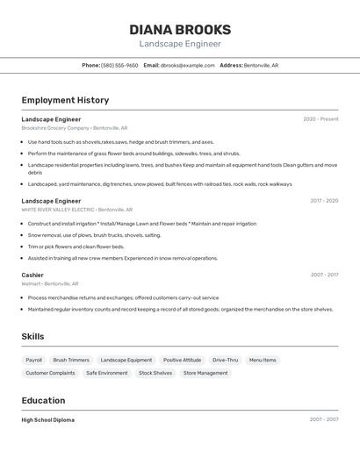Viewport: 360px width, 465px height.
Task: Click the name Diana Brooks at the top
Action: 180,29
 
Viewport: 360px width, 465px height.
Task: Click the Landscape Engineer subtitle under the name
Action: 180,44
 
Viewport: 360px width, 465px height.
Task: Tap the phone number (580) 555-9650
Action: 119,65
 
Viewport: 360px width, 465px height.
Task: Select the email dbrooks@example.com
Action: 188,65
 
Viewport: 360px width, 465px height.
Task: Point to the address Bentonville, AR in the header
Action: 261,65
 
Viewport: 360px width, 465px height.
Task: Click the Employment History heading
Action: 65,100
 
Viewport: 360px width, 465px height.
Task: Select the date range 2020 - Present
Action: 320,119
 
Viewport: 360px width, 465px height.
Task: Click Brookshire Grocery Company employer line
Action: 75,128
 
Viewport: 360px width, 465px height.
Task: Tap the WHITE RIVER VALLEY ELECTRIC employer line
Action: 77,210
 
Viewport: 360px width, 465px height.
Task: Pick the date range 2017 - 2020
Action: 324,201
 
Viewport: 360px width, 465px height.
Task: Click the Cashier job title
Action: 32,275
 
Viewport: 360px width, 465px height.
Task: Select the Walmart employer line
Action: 50,283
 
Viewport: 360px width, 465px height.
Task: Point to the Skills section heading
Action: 33,337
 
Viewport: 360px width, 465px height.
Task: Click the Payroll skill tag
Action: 33,360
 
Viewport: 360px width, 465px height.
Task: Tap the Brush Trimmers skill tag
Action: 71,360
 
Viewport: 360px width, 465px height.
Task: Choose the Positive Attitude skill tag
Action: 182,360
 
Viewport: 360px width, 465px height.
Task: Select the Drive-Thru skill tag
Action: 225,360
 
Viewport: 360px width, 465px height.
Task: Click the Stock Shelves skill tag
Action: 155,373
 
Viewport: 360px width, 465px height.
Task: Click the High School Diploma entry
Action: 48,420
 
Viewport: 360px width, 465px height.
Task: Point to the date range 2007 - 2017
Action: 324,275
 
